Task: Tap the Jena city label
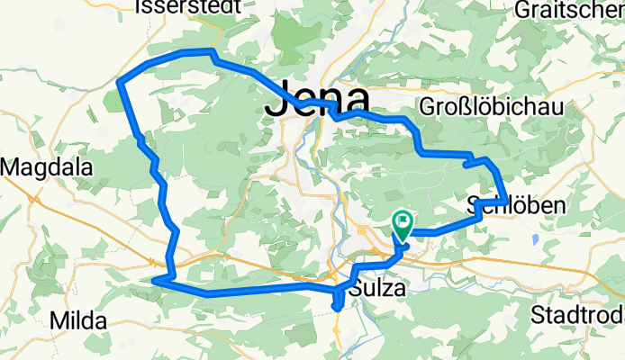(317, 102)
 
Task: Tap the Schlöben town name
(517, 206)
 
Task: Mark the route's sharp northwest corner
(120, 82)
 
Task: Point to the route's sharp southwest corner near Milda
(154, 281)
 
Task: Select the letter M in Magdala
(12, 167)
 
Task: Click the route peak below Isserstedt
(212, 51)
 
